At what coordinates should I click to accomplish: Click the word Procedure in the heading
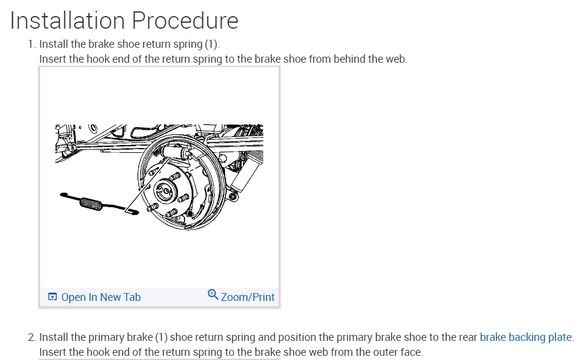point(185,21)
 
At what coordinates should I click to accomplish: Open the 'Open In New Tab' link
point(101,297)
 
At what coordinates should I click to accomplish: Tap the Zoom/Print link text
point(248,297)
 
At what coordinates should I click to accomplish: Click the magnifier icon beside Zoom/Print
point(213,295)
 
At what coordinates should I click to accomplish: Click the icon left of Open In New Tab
point(52,297)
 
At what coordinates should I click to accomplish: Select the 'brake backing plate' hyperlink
point(525,337)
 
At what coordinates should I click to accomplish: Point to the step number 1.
point(31,44)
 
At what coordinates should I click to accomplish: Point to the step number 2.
point(31,337)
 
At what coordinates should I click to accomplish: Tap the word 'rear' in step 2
point(466,337)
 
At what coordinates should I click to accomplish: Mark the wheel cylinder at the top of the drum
point(178,150)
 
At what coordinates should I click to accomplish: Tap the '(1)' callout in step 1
point(212,44)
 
